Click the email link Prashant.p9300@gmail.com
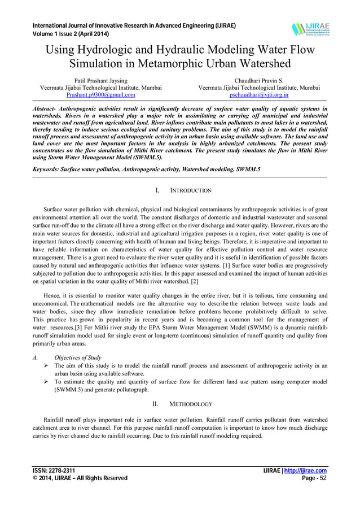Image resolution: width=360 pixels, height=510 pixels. [100, 95]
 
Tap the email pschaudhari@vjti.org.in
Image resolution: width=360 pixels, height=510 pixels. [259, 95]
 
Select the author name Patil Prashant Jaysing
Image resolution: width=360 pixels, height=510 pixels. [100, 81]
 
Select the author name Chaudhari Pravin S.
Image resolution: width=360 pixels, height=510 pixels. [259, 81]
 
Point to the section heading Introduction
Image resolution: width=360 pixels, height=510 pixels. [191, 191]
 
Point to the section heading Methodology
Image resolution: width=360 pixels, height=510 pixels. [191, 404]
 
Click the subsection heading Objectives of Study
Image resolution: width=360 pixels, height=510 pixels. [78, 358]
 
